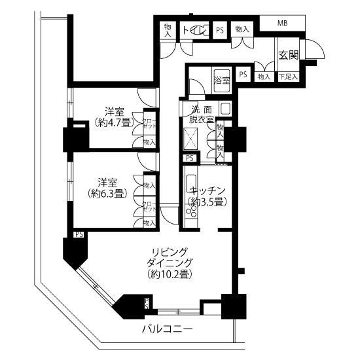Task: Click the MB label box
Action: pos(282,24)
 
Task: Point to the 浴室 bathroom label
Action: pos(221,81)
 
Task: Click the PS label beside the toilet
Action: pos(220,30)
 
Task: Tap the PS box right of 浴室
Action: pos(243,75)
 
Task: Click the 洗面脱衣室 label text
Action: pos(201,114)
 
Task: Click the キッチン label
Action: pos(208,191)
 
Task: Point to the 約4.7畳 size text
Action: pos(115,122)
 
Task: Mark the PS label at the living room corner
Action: pos(79,234)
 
